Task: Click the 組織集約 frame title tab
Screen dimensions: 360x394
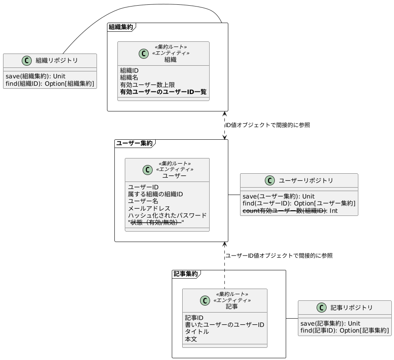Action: (x=120, y=27)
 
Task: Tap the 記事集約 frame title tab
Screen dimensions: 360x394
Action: (x=186, y=274)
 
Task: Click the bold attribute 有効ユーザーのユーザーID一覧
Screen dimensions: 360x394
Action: (x=163, y=92)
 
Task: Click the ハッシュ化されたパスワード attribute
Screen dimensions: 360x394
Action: (x=167, y=215)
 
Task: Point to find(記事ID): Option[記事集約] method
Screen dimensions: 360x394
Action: (x=344, y=331)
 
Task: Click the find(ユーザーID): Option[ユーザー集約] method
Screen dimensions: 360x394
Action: (x=299, y=203)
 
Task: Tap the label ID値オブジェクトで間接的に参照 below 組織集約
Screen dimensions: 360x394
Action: (x=267, y=125)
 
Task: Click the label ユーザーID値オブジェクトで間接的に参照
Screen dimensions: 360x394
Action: (x=279, y=256)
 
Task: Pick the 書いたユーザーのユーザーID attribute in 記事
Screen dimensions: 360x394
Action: (x=224, y=325)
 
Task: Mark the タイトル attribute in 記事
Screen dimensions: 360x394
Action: (x=197, y=332)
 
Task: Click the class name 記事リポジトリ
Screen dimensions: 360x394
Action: (x=351, y=308)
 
